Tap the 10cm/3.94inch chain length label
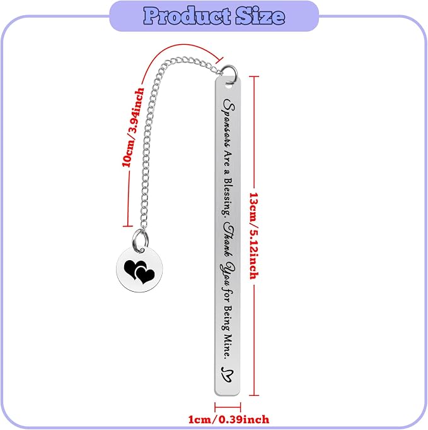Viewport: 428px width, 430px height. click(x=133, y=128)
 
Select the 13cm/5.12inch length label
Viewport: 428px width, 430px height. click(x=254, y=236)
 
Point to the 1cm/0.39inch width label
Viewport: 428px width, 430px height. click(x=229, y=419)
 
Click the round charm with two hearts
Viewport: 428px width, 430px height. click(x=139, y=269)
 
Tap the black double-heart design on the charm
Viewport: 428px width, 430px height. click(x=139, y=272)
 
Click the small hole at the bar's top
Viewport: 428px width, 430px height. click(x=228, y=85)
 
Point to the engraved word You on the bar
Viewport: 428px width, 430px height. click(x=228, y=273)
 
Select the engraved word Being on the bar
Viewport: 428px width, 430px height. click(x=228, y=319)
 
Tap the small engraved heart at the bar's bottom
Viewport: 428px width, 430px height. click(x=228, y=374)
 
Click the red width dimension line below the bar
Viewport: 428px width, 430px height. click(x=228, y=407)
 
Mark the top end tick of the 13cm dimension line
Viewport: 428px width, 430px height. click(x=254, y=77)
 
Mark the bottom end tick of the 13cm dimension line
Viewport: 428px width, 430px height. click(x=254, y=395)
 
